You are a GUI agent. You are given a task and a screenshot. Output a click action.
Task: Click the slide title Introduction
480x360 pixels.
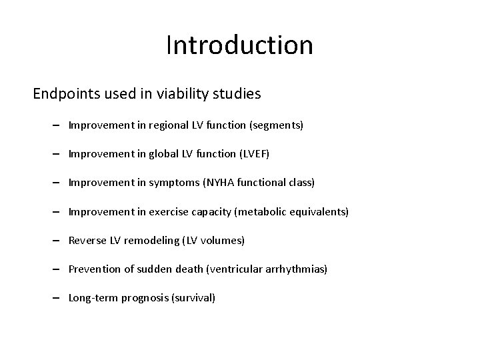[x=239, y=45]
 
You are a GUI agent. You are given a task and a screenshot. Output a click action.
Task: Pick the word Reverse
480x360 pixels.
[x=85, y=240]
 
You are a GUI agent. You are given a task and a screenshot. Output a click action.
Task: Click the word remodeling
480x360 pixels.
[x=149, y=240]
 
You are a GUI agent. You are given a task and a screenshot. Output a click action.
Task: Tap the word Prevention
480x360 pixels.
[x=93, y=269]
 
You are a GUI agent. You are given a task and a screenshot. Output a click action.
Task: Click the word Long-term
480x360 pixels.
[x=93, y=297]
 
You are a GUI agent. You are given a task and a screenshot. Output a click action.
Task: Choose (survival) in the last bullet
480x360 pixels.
[x=193, y=297]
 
